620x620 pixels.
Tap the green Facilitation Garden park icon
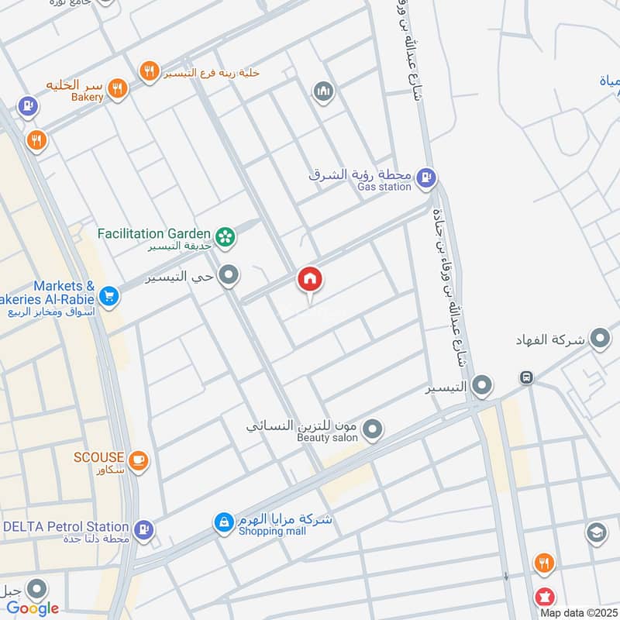(226, 236)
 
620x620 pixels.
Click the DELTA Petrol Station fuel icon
(143, 530)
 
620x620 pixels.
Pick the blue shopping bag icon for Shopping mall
(224, 523)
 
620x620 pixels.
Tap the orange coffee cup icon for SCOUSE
(139, 460)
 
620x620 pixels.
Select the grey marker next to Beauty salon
(374, 429)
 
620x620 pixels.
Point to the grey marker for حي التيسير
(229, 275)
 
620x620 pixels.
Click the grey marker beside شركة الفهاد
(599, 339)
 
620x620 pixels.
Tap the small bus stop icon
(526, 377)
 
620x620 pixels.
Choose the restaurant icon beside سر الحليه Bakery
(117, 88)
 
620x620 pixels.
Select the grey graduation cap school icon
(596, 532)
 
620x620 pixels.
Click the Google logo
(33, 608)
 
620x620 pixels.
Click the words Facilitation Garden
(154, 233)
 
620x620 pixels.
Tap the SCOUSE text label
(98, 457)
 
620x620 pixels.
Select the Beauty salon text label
(327, 438)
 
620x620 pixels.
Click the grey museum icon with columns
(323, 92)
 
